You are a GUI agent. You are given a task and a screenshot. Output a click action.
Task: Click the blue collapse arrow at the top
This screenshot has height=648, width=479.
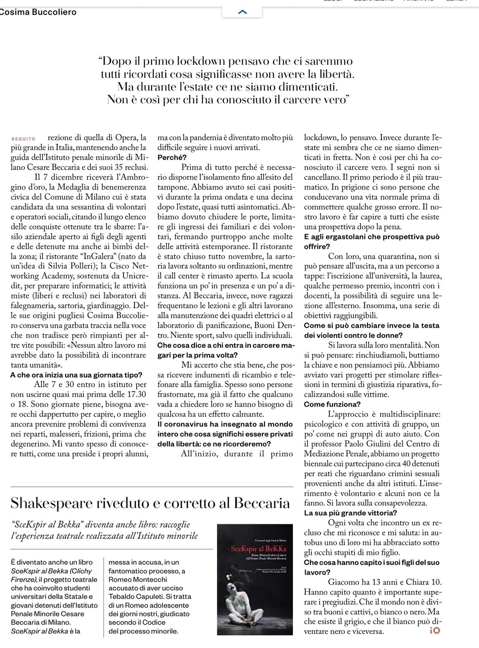[x=242, y=12]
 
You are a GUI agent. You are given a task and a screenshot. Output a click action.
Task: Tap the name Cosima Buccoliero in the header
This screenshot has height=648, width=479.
[x=38, y=12]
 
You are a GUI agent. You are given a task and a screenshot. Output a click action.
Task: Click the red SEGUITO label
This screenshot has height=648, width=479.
[x=23, y=139]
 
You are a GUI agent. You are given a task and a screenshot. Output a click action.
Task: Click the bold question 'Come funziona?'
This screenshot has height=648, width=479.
[x=332, y=404]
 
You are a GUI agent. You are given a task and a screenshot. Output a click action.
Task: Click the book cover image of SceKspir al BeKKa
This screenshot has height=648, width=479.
[x=255, y=580]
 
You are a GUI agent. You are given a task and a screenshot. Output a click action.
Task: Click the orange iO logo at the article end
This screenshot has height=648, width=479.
[x=434, y=630]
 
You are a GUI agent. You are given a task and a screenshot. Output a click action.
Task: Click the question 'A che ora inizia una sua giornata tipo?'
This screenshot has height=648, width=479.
[x=76, y=375]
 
